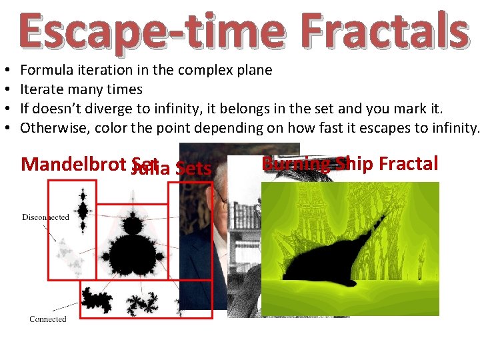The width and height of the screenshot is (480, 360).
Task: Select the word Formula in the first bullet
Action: [x=45, y=70]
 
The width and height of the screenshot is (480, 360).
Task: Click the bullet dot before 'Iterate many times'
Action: [x=5, y=89]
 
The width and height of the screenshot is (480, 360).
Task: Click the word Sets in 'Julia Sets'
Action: [x=193, y=169]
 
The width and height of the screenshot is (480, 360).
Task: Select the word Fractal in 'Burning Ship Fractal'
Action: [x=407, y=164]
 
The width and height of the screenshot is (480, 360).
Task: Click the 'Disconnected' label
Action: [x=45, y=217]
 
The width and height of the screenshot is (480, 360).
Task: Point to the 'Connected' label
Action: [x=48, y=319]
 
